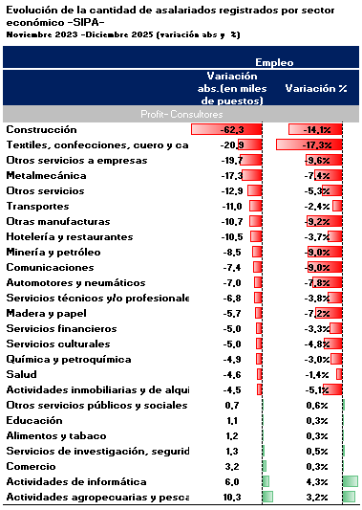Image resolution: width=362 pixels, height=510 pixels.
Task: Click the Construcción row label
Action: coord(41,129)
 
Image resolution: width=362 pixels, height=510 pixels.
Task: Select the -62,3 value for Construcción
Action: coord(233,129)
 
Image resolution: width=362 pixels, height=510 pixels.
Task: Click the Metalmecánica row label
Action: coord(44,175)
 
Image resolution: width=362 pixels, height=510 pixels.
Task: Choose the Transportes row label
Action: coord(37,206)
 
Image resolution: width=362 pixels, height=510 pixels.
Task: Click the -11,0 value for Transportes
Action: coord(233,206)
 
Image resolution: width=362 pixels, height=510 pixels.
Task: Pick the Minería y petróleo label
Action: coord(53,252)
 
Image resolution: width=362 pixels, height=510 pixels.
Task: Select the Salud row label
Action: coord(21,374)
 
